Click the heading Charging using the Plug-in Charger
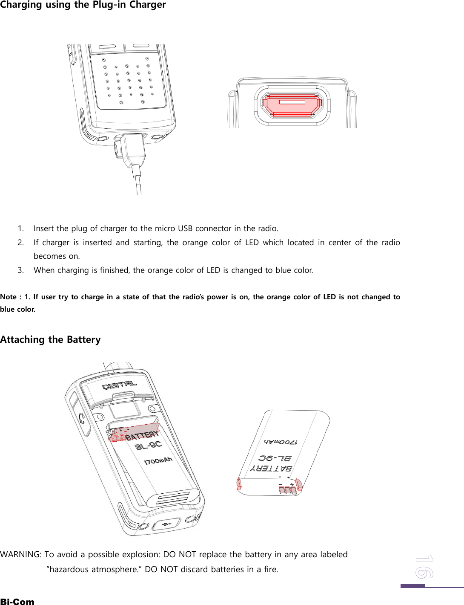83,5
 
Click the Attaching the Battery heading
50,339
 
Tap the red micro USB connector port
292,104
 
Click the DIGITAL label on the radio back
120,385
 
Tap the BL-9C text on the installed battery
149,446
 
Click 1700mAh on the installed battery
158,461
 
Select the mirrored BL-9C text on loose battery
275,458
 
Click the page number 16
424,566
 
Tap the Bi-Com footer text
17,601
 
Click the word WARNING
20,554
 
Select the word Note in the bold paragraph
9,297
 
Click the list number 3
20,270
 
